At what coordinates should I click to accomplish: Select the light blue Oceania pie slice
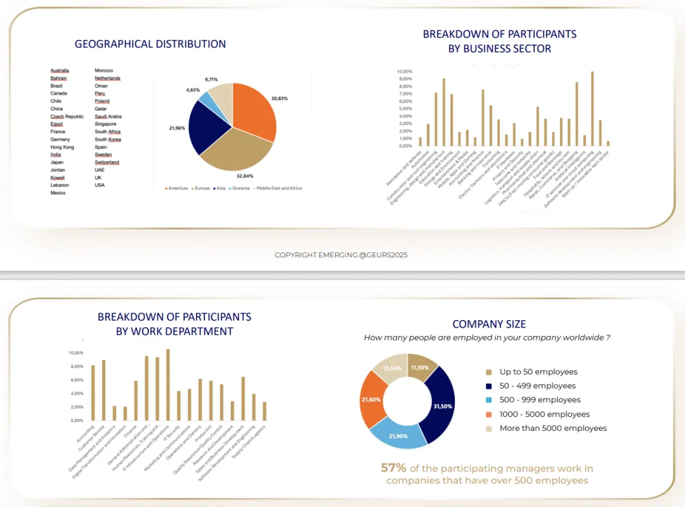coord(204,97)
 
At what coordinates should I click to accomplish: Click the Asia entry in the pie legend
coord(221,188)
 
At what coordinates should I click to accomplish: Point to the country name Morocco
coord(104,70)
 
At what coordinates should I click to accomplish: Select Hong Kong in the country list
coord(62,147)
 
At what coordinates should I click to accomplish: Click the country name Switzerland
coord(107,162)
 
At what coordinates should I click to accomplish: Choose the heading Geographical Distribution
coord(150,44)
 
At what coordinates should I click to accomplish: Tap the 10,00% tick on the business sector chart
coord(404,71)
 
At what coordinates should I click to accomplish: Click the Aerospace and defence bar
coord(420,142)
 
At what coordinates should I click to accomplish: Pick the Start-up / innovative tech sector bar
coord(608,144)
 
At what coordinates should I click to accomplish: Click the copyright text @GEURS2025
coord(341,255)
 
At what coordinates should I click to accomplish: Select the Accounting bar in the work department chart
coord(93,393)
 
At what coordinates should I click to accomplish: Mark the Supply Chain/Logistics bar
coord(264,411)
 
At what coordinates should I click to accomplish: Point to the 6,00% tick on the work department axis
coord(76,380)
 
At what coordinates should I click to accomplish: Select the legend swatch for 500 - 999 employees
coord(488,400)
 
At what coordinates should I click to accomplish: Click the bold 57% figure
coord(393,468)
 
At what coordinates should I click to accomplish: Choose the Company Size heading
coord(489,324)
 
